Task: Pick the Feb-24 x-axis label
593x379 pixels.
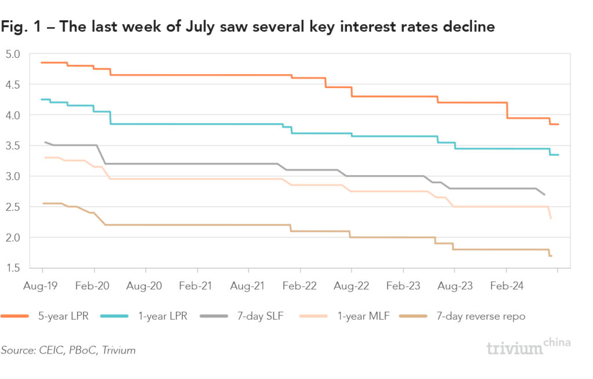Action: (506, 286)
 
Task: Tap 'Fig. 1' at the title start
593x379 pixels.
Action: (21, 27)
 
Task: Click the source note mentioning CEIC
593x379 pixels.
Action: (68, 350)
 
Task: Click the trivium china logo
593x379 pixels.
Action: (527, 347)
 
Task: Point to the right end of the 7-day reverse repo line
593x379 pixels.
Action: (551, 256)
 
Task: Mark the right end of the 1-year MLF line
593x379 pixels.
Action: (550, 218)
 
